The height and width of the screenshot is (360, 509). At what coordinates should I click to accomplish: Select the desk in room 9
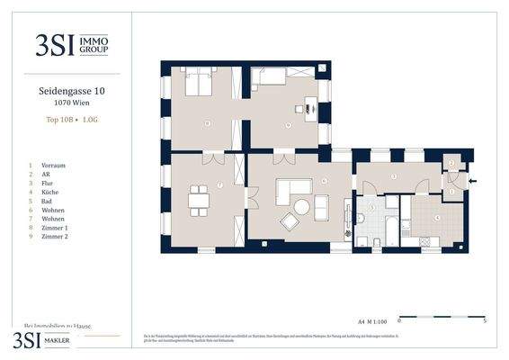tap(310, 108)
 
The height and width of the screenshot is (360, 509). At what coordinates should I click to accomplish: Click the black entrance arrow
tap(473, 181)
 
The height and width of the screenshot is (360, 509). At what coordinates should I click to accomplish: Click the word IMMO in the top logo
tap(95, 40)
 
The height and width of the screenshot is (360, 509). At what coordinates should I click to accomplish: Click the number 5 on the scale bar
tap(486, 319)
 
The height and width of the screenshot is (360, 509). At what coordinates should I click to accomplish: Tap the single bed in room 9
tap(267, 78)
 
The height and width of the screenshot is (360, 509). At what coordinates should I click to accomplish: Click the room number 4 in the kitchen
tap(437, 217)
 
